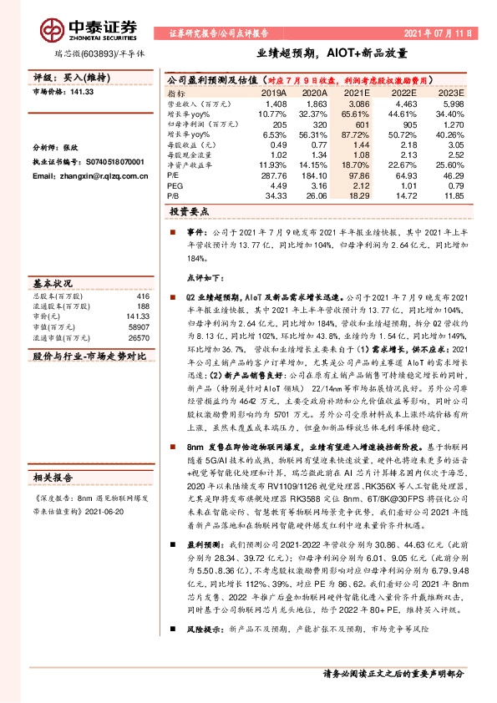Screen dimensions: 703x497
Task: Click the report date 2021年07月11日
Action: pyautogui.click(x=438, y=33)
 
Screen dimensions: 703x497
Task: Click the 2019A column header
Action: pyautogui.click(x=274, y=94)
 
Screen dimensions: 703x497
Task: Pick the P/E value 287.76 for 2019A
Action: pyautogui.click(x=274, y=177)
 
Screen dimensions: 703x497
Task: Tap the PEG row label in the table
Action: pyautogui.click(x=175, y=185)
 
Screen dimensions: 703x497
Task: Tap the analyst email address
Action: pyautogui.click(x=77, y=176)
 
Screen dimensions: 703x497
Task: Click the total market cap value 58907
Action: pyautogui.click(x=138, y=328)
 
